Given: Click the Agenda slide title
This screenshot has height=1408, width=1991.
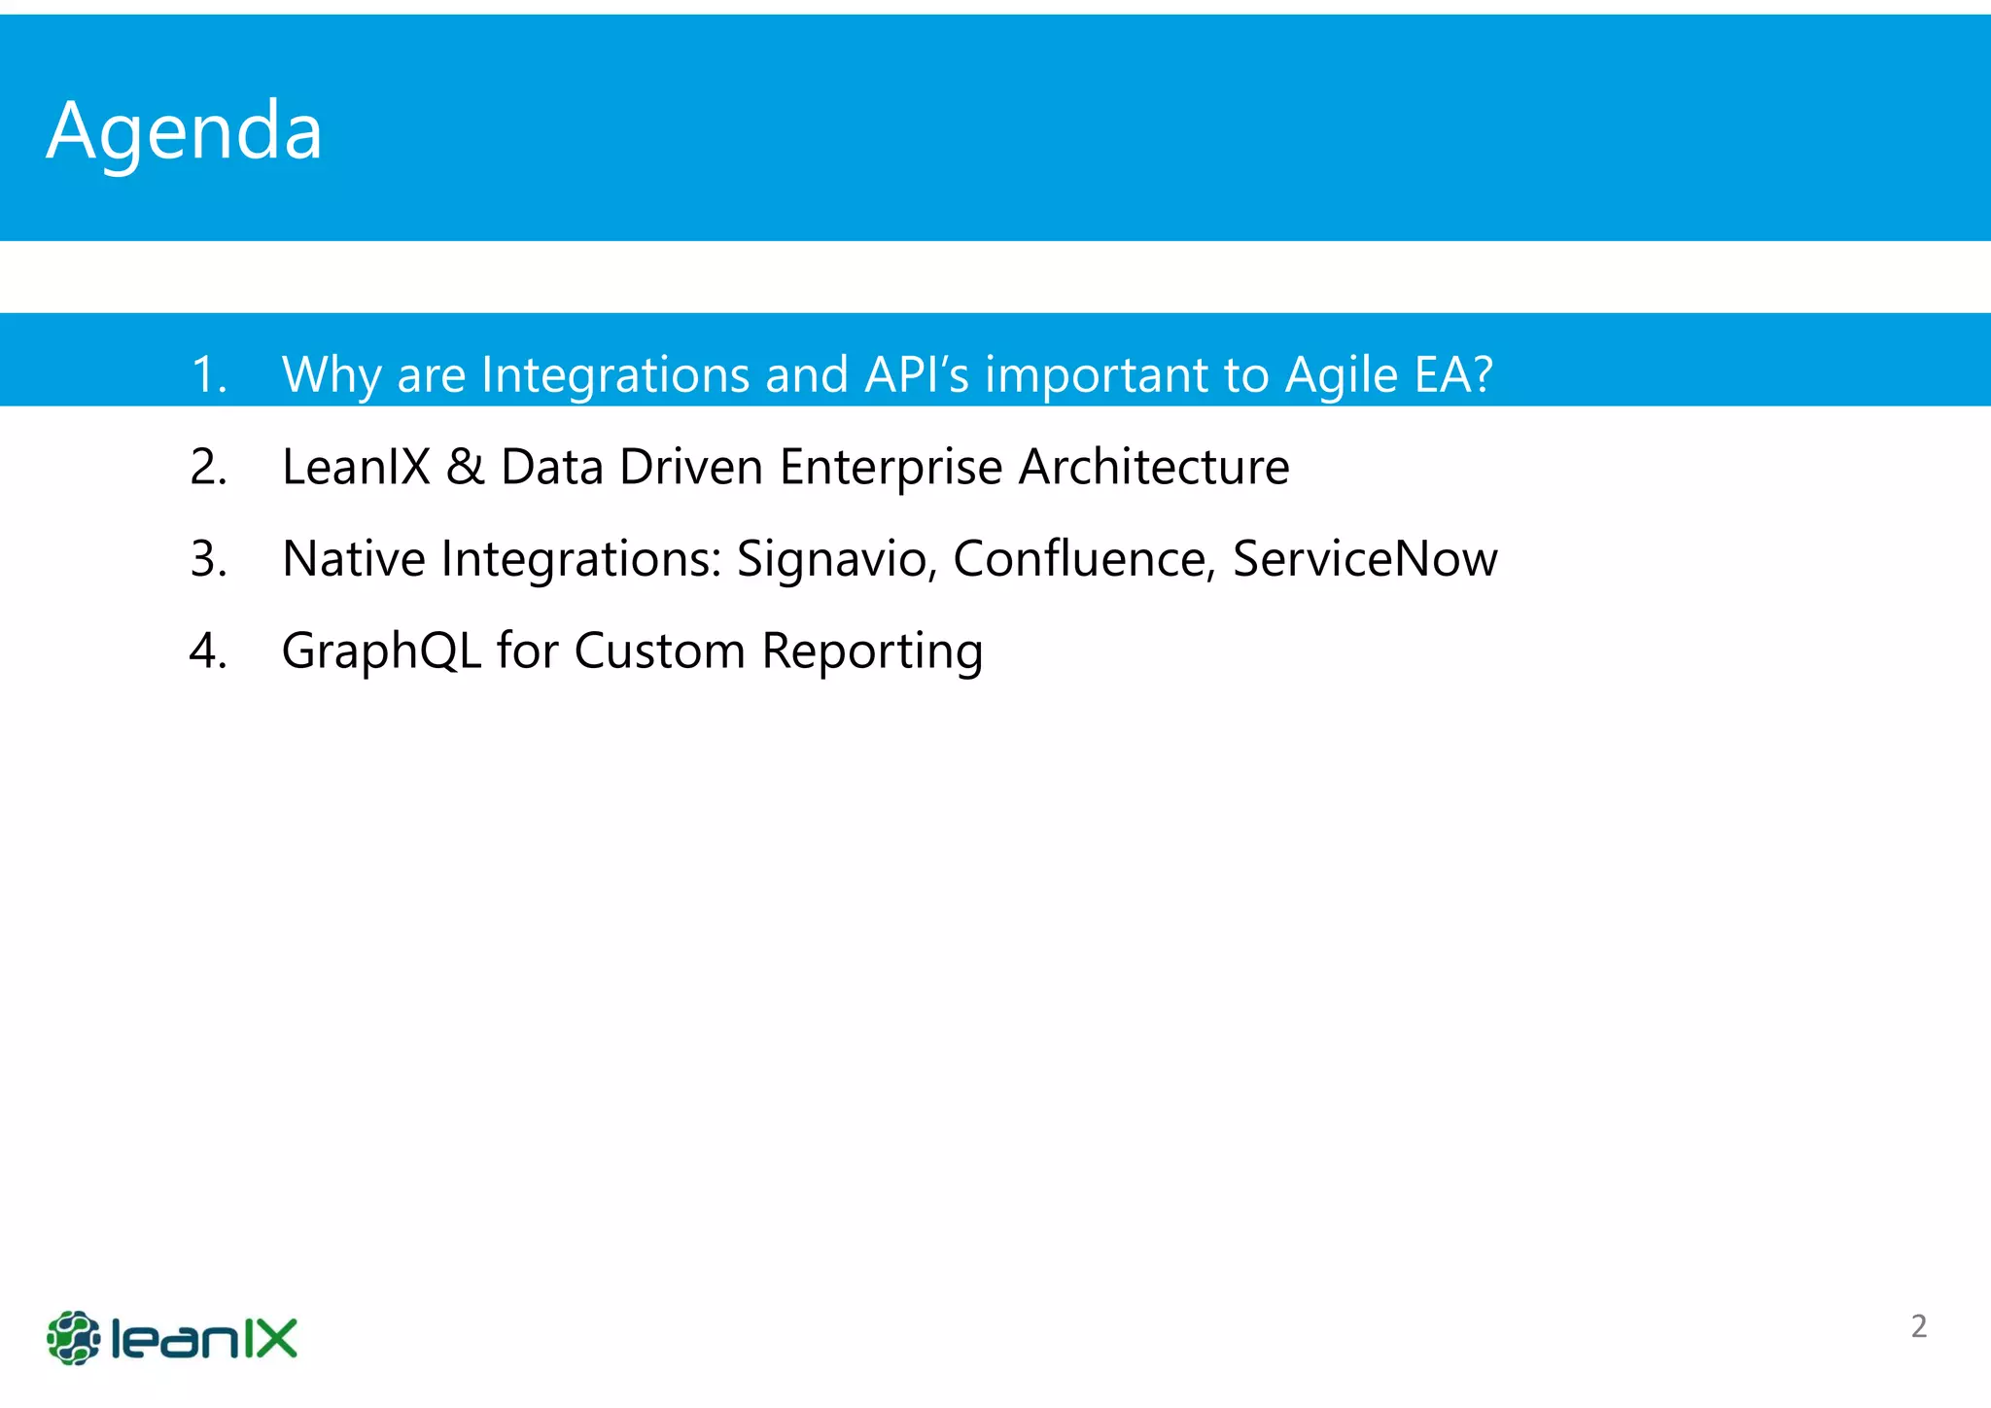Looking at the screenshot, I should [185, 131].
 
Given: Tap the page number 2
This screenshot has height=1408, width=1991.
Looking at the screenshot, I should [1918, 1326].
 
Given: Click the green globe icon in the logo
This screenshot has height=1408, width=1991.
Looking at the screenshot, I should [73, 1338].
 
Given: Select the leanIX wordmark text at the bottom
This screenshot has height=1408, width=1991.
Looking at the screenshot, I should [204, 1339].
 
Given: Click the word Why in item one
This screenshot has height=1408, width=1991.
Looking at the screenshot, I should [332, 375].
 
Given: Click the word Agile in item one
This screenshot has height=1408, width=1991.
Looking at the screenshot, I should [1342, 375].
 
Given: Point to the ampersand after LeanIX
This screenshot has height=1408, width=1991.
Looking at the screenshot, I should [465, 468].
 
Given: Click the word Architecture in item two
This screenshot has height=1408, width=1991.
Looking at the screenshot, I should [1154, 468].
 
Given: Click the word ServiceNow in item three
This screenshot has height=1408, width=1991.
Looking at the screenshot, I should [1365, 560].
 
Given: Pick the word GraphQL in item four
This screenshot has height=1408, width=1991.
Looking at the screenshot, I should [381, 651].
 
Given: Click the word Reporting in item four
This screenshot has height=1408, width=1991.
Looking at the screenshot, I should [872, 651].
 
